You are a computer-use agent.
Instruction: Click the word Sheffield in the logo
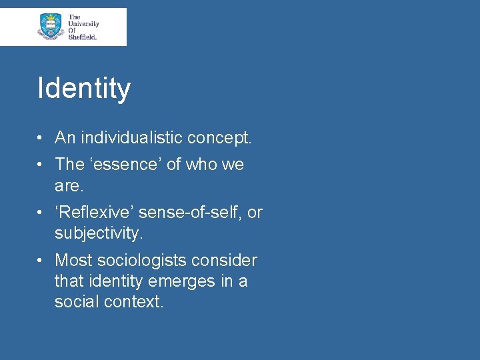(x=83, y=37)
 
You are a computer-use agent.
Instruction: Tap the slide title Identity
(x=84, y=88)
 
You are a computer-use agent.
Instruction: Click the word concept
(x=219, y=138)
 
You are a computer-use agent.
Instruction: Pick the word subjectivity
(x=99, y=233)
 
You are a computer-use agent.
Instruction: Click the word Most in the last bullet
(x=71, y=260)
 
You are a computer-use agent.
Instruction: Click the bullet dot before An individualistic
(x=41, y=139)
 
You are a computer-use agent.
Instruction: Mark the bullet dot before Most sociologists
(x=41, y=261)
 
